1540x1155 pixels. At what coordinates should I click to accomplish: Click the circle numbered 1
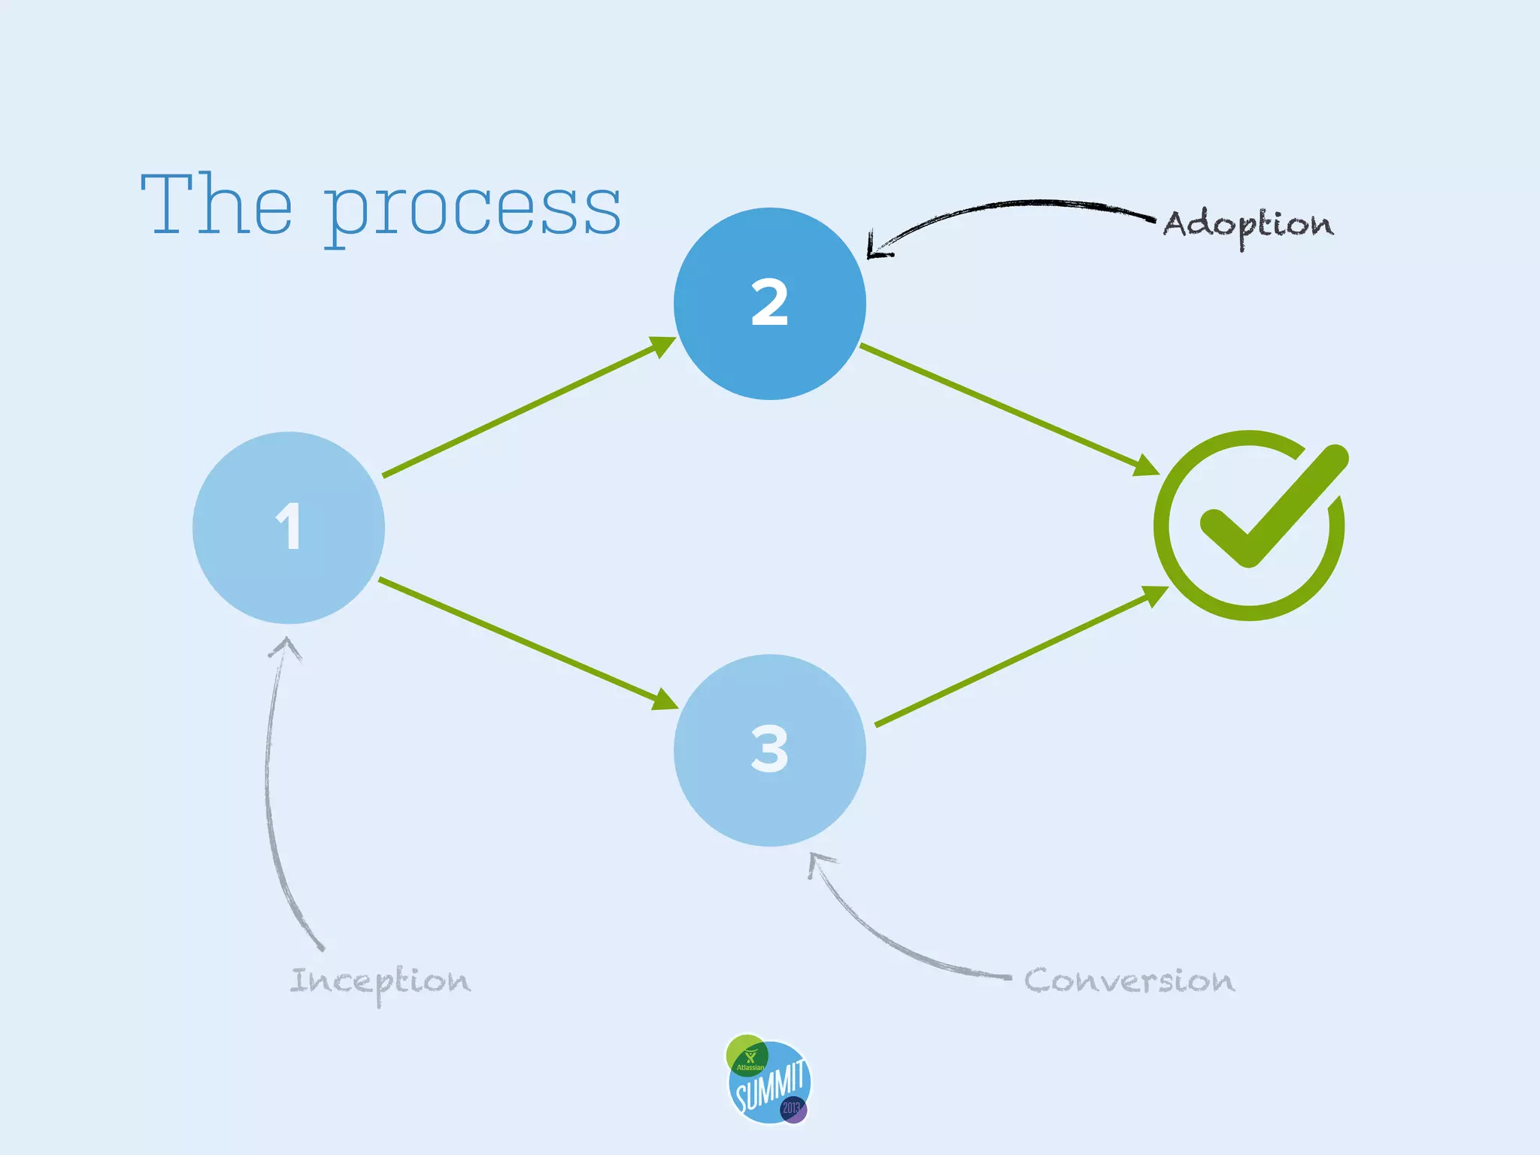pos(289,528)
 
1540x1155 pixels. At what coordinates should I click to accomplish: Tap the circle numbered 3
pos(769,750)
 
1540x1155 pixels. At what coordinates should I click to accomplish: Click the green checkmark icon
pos(1250,525)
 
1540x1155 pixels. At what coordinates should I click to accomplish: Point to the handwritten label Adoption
pos(1248,225)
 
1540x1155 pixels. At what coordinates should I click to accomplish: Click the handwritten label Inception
pos(380,981)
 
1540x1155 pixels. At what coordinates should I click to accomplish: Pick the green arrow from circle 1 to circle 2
pos(526,408)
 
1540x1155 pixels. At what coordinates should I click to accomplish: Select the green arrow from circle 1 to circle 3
pos(526,644)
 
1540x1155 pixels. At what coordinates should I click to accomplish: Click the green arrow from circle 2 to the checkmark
pos(1008,410)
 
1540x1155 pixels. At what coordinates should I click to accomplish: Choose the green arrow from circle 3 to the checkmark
pos(1019,656)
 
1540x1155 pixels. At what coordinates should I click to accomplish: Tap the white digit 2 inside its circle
pos(769,303)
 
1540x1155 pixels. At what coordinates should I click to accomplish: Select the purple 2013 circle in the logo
pos(793,1109)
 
